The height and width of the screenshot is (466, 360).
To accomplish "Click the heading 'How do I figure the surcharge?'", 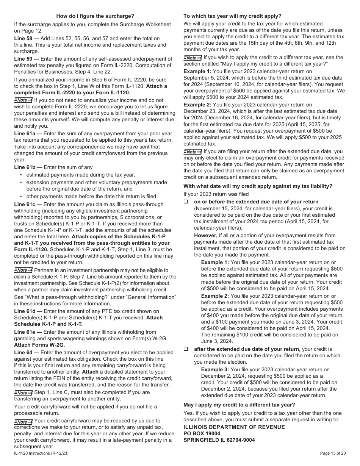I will coord(95,16).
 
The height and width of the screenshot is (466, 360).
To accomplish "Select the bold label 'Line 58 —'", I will coord(27,38).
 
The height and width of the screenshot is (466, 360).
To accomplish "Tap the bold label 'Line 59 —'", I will coord(27,59).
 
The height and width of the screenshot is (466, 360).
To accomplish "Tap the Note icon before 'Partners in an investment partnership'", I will coord(23,270).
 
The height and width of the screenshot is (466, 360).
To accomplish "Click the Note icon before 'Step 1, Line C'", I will coord(23,393).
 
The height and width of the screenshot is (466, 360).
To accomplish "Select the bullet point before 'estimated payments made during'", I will coord(21,175).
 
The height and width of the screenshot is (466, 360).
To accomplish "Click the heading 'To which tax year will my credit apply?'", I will coord(232,16).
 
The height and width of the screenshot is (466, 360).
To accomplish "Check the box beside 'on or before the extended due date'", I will coord(186,202).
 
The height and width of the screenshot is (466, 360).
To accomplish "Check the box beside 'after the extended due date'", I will coord(186,349).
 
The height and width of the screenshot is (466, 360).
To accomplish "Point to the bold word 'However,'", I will coord(206,235).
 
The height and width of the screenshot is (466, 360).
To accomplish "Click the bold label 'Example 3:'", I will coord(215,369).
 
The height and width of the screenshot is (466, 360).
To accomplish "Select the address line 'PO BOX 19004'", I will coord(202,433).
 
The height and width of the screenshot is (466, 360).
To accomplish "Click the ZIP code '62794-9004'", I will coord(241,440).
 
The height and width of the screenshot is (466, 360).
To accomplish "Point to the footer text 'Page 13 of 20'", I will coord(332,453).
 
